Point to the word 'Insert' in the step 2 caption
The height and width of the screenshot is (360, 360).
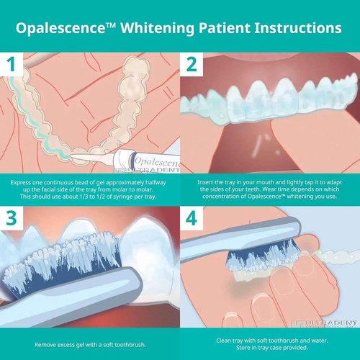207,183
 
